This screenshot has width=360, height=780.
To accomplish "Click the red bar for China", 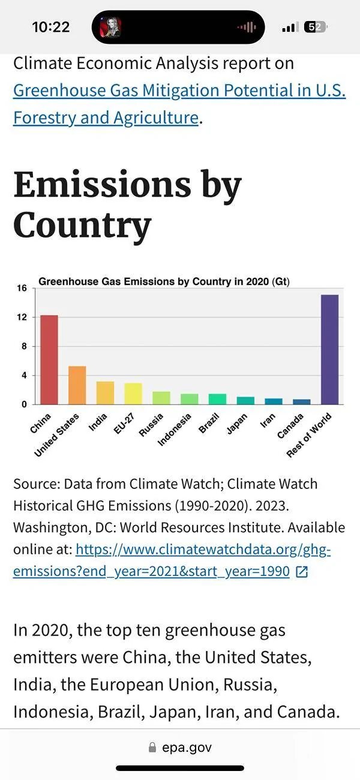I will [x=49, y=360].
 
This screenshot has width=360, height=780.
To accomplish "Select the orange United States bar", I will [x=77, y=385].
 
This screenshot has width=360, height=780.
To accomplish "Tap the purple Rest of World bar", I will [x=329, y=349].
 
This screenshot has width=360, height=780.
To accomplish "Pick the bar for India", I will [x=105, y=393].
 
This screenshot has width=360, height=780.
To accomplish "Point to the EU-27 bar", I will [x=133, y=394].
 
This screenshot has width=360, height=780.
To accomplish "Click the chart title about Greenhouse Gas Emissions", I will [x=164, y=281].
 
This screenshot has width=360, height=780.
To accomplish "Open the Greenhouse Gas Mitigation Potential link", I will [x=179, y=91].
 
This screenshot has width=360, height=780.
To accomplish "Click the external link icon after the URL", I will [x=302, y=572].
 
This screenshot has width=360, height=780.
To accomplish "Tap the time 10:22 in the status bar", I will [x=50, y=27].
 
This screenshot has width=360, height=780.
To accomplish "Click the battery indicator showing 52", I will [x=315, y=27].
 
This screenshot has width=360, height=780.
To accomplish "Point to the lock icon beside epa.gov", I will [x=152, y=748].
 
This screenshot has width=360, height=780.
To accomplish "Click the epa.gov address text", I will [x=187, y=748].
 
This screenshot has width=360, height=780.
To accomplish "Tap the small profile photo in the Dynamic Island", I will [x=110, y=27].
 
